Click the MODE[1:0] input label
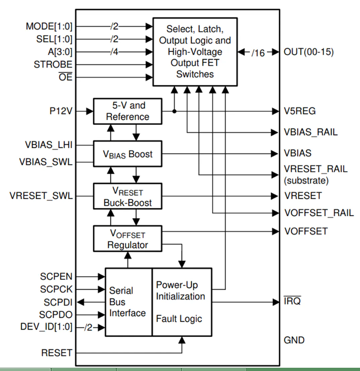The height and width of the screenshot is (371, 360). tap(49, 27)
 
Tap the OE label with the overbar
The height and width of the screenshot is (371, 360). tap(66, 77)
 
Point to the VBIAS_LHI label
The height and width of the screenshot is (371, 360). tap(49, 145)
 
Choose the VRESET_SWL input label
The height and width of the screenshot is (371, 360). tap(41, 196)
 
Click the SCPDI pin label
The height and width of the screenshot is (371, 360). tap(58, 302)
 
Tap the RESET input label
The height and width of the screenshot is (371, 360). tap(57, 353)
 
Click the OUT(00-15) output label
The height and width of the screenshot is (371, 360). tap(309, 52)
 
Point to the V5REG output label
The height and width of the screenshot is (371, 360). tap(300, 111)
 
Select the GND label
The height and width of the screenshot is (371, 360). tap(294, 340)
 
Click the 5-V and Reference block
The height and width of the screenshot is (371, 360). tap(127, 111)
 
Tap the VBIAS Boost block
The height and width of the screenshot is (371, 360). tap(127, 154)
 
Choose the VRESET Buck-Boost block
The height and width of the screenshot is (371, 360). tap(127, 196)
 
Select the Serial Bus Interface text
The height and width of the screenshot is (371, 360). tap(127, 302)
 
